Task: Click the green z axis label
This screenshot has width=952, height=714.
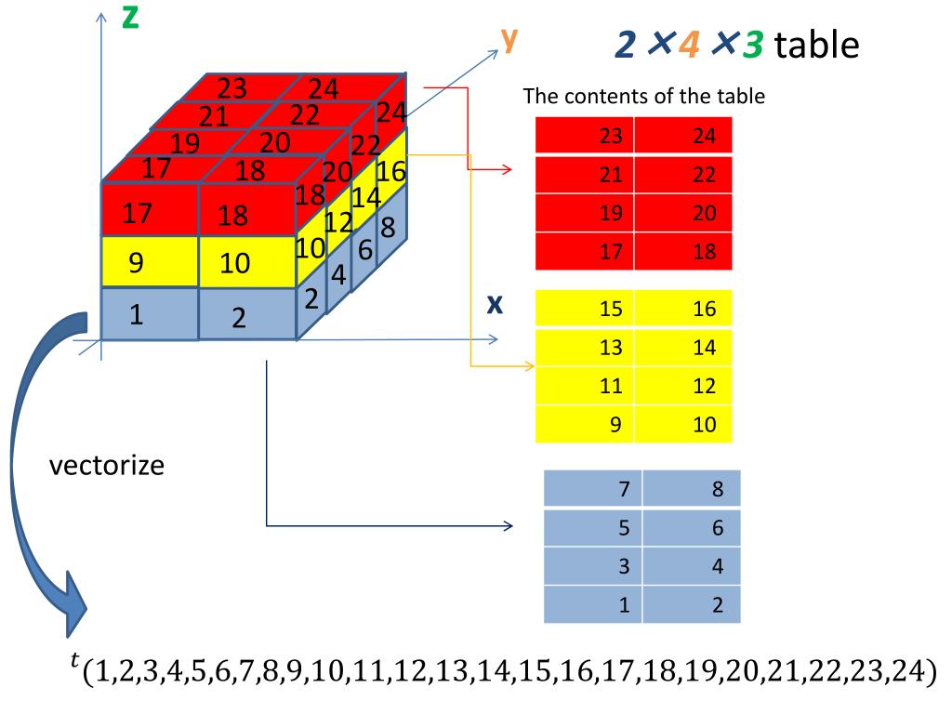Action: [x=130, y=17]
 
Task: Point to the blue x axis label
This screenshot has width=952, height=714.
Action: [x=495, y=305]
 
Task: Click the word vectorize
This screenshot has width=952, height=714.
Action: [x=106, y=464]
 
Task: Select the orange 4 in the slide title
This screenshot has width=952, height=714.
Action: [x=689, y=44]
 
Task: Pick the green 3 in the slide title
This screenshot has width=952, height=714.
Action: [x=752, y=44]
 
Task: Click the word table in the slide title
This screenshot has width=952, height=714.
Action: [x=816, y=44]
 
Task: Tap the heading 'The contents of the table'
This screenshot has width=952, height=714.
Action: [x=643, y=96]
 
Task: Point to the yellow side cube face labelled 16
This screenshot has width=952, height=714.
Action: [x=391, y=172]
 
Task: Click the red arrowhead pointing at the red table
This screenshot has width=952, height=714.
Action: [x=507, y=170]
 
